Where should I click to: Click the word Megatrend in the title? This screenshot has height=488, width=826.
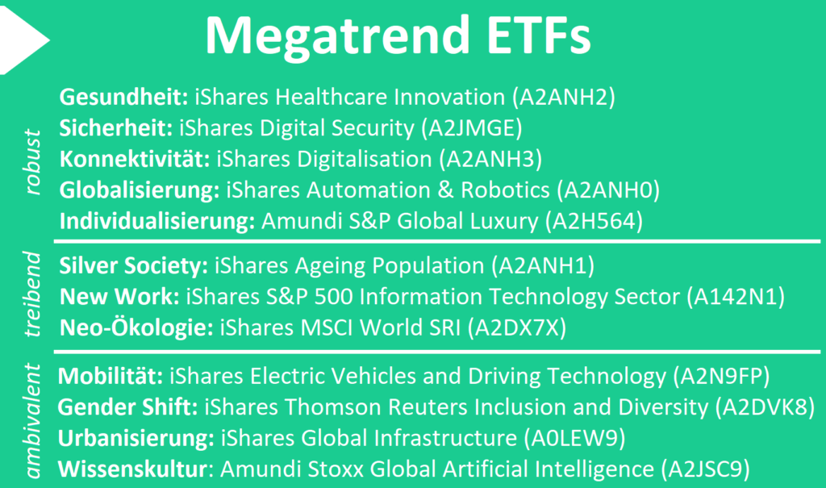[337, 35]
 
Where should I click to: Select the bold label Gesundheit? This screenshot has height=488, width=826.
[123, 97]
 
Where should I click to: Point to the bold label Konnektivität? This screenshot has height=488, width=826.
[135, 159]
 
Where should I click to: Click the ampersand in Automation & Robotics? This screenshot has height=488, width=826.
[445, 190]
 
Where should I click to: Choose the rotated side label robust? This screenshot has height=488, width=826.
[32, 162]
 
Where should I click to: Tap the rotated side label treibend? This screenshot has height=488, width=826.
[32, 294]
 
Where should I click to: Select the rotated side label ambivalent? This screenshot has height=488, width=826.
[32, 421]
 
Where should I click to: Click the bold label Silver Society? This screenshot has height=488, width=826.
[134, 265]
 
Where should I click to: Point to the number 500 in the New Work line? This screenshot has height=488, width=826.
[334, 297]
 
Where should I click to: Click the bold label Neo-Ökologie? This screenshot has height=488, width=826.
[136, 327]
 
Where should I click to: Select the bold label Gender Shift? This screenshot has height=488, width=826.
[128, 407]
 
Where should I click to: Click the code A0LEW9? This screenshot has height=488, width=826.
[574, 438]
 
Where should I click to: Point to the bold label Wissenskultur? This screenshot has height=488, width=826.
[132, 469]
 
